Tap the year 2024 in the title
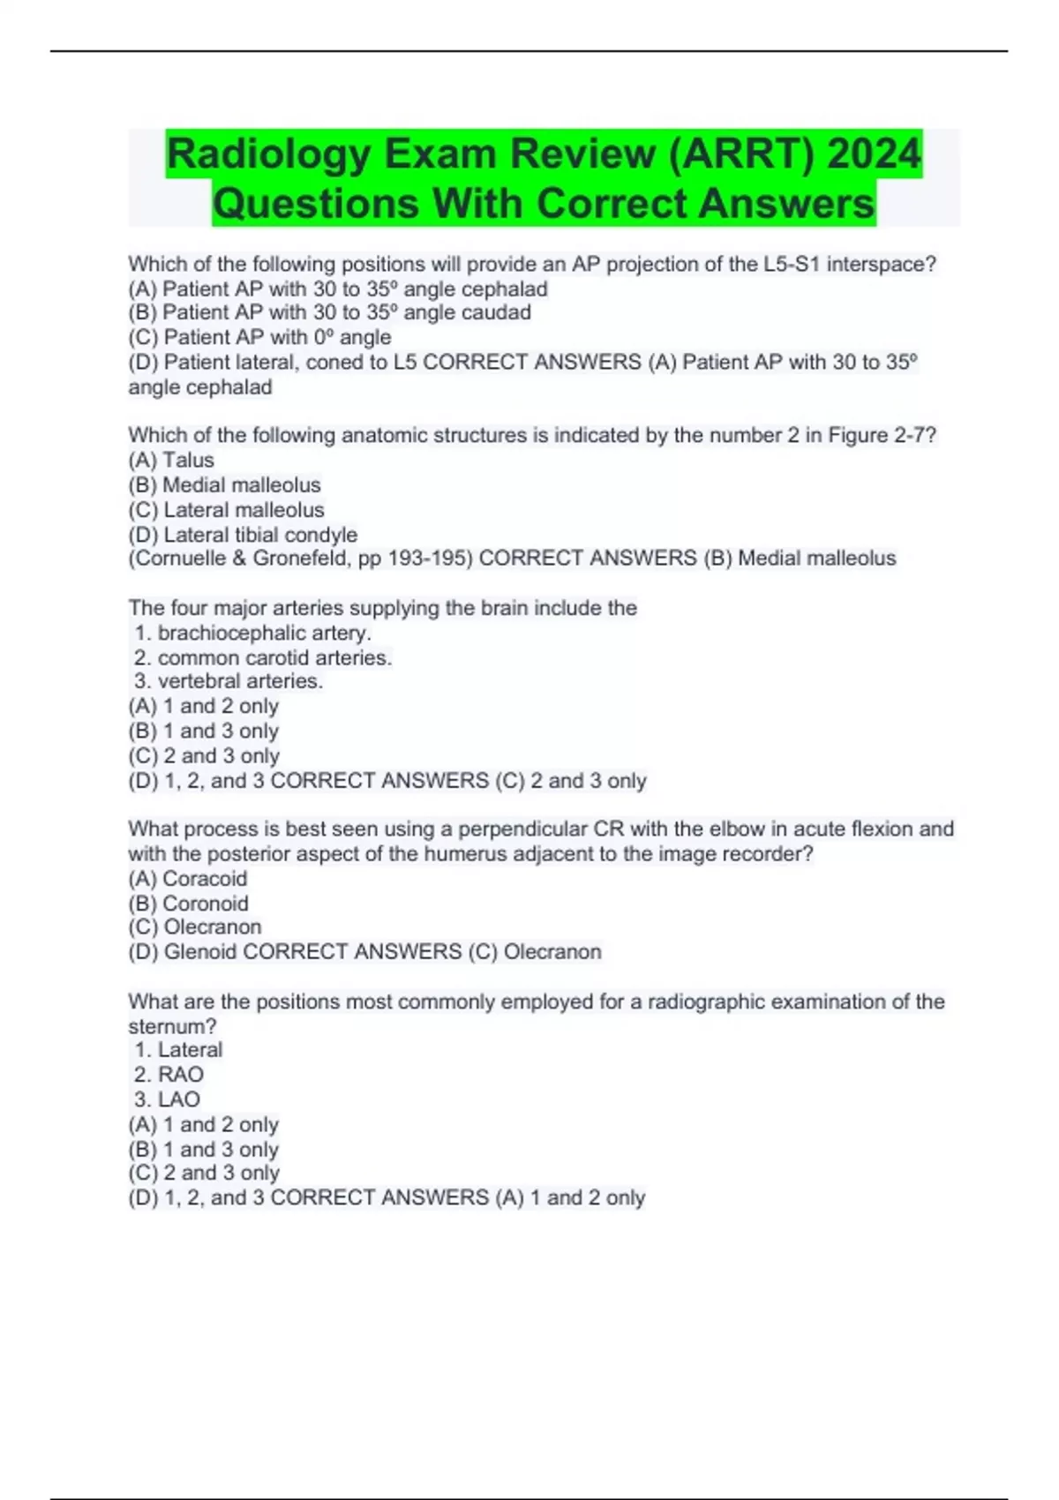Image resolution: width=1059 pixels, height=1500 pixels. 874,155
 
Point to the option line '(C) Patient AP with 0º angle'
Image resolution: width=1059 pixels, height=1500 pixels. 259,337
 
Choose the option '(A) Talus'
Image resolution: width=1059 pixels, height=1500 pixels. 171,460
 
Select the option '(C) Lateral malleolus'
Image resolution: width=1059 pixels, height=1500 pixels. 226,510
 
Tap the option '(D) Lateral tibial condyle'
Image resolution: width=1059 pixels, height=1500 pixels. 243,535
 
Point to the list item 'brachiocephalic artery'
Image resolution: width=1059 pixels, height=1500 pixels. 263,633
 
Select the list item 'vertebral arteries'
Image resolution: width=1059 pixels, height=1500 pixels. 239,681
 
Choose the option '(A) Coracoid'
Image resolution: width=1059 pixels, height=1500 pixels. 188,879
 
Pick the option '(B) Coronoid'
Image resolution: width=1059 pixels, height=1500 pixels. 188,904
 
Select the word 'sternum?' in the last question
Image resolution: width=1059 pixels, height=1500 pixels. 172,1026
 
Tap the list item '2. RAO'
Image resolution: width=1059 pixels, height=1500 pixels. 169,1075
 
